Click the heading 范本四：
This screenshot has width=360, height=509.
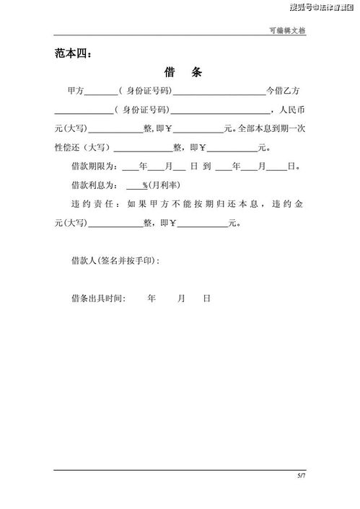(74, 53)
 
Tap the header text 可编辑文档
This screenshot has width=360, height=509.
(289, 30)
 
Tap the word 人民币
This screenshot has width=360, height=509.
(291, 110)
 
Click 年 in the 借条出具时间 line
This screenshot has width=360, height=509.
(152, 297)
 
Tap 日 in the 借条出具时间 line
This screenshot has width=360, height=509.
(206, 297)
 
